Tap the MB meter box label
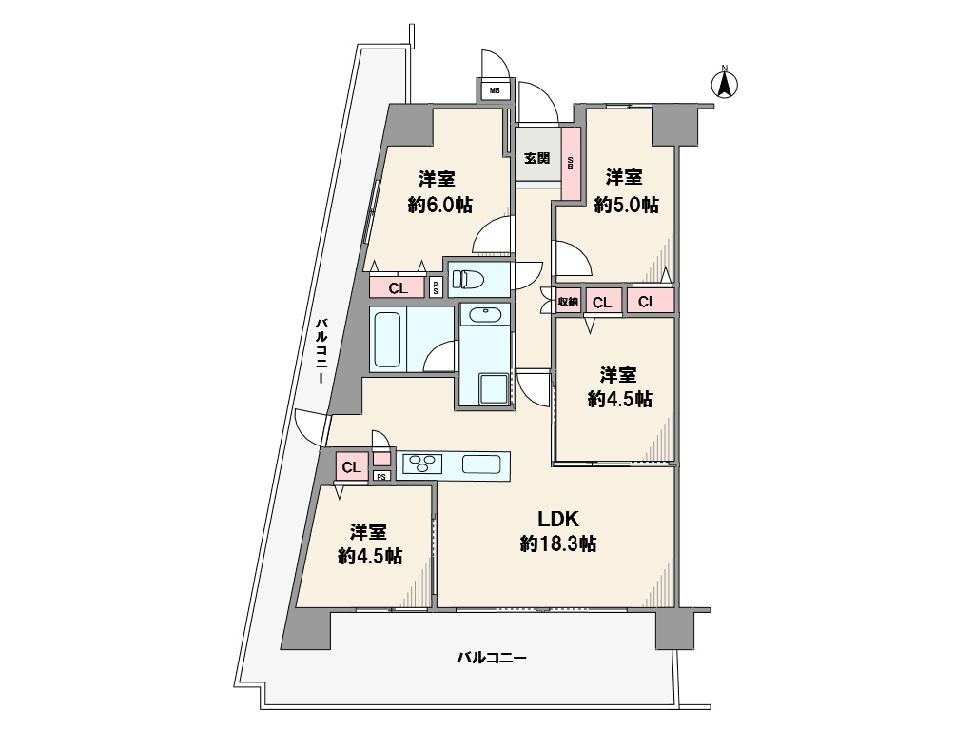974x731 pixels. (x=495, y=90)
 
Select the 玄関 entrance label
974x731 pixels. (x=537, y=157)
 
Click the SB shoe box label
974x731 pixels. (x=571, y=163)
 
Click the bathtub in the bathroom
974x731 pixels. (x=388, y=340)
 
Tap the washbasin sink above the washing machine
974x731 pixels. (x=484, y=314)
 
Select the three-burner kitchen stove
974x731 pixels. (x=422, y=464)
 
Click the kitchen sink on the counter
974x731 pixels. (x=481, y=464)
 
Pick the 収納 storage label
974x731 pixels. (x=569, y=302)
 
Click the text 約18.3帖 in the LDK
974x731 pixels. (x=558, y=544)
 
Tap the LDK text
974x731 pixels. (x=558, y=518)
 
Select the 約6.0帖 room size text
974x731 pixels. (x=439, y=205)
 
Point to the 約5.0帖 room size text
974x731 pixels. (x=626, y=205)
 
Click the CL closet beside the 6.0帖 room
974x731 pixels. (x=398, y=288)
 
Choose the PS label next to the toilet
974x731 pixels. (x=436, y=287)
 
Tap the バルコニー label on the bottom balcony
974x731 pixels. (x=492, y=657)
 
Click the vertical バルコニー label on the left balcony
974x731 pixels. (x=321, y=350)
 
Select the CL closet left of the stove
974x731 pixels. (x=352, y=466)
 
